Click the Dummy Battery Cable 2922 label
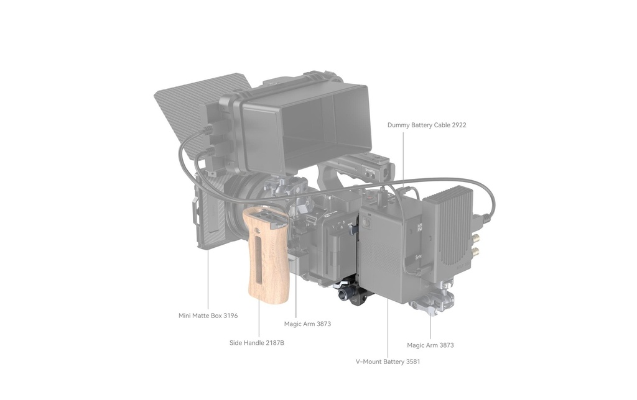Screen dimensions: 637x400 click(x=427, y=125)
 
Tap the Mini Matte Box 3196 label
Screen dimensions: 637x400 click(x=208, y=315)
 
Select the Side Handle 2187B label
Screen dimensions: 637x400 click(x=257, y=343)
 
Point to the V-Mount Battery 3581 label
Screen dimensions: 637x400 click(x=388, y=361)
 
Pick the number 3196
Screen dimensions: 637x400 click(x=230, y=315)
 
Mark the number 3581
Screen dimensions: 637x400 click(x=412, y=361)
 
